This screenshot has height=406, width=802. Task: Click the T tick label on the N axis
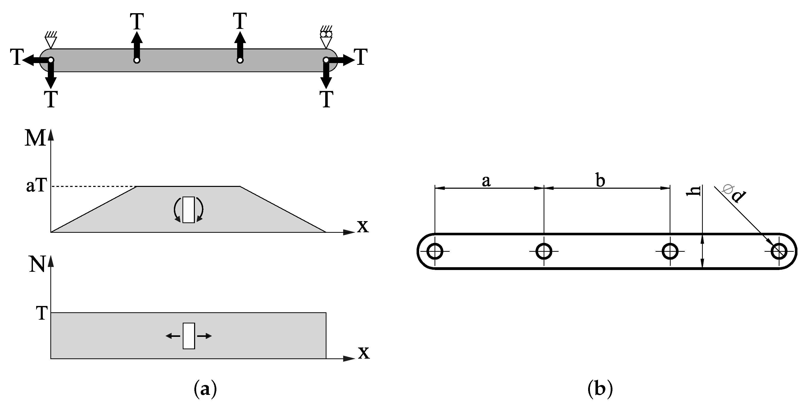42,313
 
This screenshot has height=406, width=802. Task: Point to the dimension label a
486,181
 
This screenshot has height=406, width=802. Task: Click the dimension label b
600,181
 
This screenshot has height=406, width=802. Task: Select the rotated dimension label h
693,191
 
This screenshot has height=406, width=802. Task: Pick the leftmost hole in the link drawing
435,251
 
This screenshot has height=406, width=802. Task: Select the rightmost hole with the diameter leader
779,251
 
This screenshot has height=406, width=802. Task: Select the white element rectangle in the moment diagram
188,210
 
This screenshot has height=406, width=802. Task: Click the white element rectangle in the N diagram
188,336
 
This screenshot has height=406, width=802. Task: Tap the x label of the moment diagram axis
362,226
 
